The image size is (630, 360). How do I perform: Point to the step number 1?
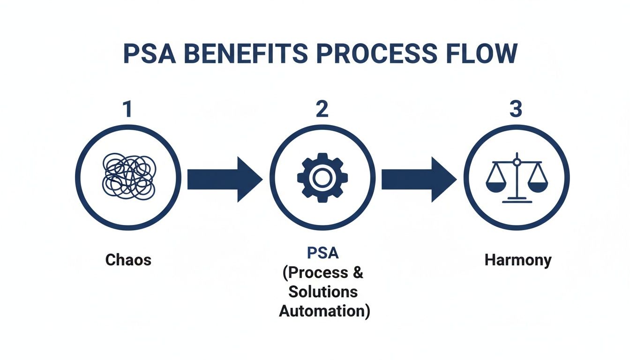point(127,109)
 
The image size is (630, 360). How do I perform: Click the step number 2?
point(322,109)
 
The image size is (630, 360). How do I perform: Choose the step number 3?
point(515,109)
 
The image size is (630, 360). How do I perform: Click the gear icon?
point(322,179)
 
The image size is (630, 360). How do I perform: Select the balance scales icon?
point(517,178)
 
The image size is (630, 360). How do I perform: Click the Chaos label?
point(128,259)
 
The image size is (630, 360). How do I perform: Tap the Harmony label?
point(517,260)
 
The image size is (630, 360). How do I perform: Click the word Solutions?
point(323,291)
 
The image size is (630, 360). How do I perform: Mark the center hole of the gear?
point(322,179)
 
